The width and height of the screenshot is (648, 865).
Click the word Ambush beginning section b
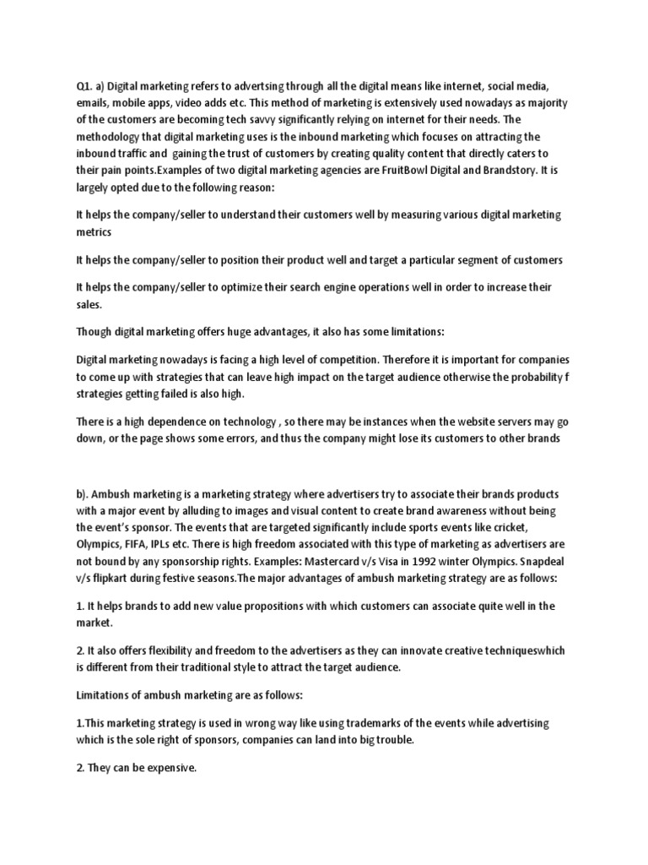point(116,493)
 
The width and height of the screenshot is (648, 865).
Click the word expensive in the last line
point(167,770)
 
